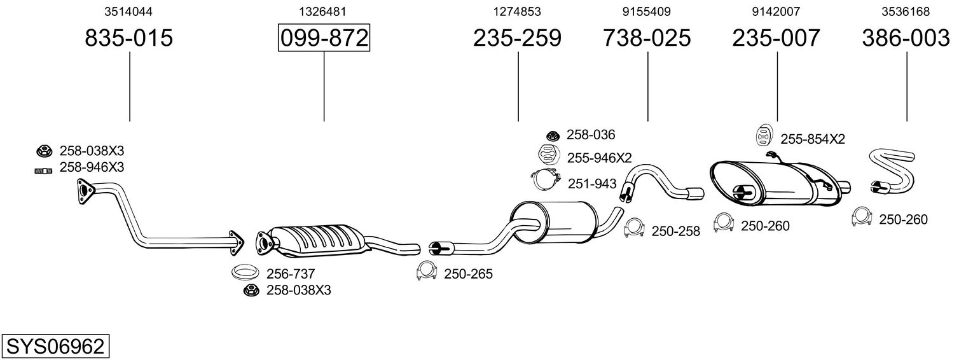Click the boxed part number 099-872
(x=324, y=38)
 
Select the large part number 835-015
(x=129, y=38)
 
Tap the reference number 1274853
(x=517, y=11)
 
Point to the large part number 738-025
(x=647, y=38)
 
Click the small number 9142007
(x=776, y=11)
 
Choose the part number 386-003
(x=906, y=38)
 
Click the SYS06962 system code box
(x=55, y=347)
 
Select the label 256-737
(x=291, y=274)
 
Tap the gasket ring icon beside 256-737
(x=245, y=273)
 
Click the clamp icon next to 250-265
(x=426, y=272)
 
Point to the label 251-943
(x=592, y=184)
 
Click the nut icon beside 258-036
(x=552, y=135)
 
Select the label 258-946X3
(x=92, y=167)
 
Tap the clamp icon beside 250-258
(x=634, y=228)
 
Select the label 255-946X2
(x=600, y=157)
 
